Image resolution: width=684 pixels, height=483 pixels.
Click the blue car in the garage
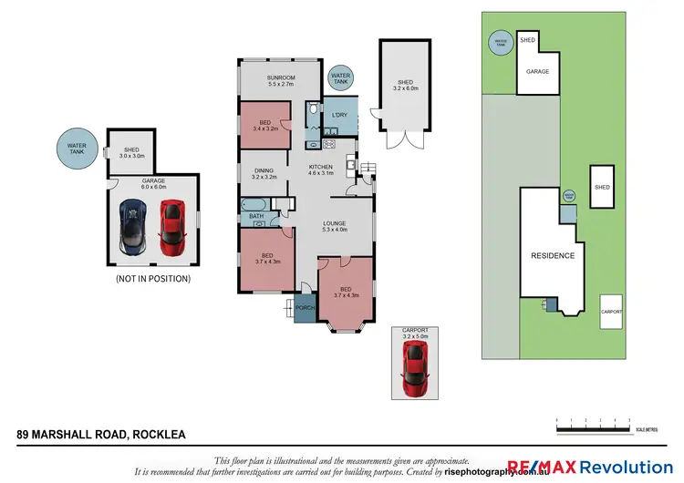click(x=134, y=228)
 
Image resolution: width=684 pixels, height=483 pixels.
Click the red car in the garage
click(x=172, y=228)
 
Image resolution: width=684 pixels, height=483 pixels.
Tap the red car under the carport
click(x=415, y=364)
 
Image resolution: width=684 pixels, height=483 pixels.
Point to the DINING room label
click(x=264, y=172)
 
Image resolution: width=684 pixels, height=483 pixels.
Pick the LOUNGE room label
click(x=335, y=225)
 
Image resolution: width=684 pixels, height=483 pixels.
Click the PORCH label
click(x=305, y=308)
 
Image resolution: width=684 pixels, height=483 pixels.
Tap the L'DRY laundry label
click(x=340, y=116)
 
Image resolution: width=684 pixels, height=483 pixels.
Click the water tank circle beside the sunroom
click(x=340, y=79)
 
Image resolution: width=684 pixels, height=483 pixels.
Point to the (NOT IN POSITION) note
click(x=153, y=279)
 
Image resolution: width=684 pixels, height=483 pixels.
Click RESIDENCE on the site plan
click(x=553, y=256)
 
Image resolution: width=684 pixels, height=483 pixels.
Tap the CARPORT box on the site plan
click(x=611, y=312)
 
